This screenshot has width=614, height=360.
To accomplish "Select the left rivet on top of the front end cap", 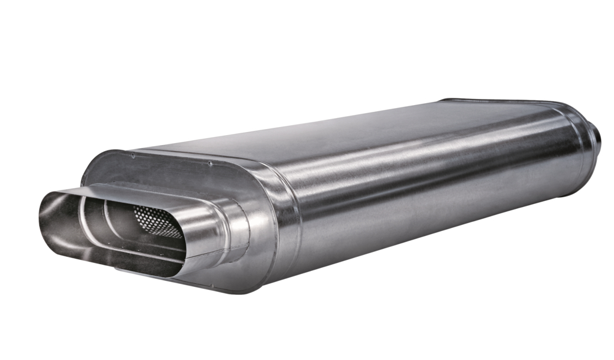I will click(132, 156).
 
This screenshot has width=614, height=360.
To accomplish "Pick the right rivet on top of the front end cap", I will click(209, 164).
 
